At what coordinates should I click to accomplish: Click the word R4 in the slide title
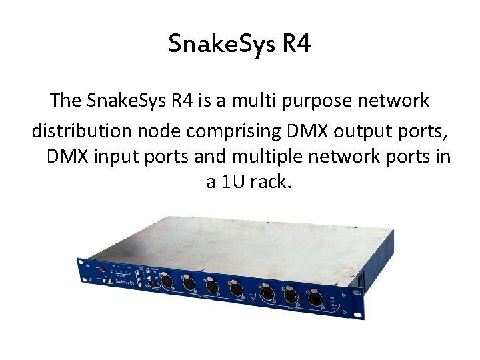click(297, 45)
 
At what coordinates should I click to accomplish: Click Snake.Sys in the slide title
click(223, 45)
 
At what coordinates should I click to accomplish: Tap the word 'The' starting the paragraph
click(65, 101)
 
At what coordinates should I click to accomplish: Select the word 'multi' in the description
click(265, 101)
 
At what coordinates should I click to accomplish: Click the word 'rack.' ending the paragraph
click(272, 181)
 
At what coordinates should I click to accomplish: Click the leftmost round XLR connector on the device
click(167, 282)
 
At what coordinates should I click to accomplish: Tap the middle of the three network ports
click(291, 295)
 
